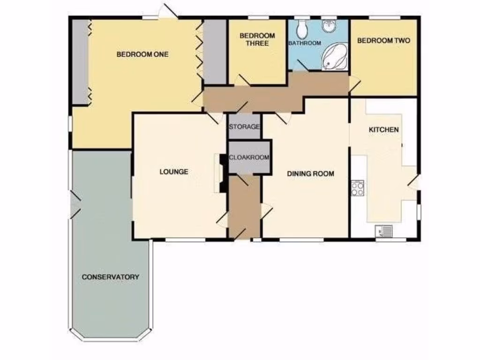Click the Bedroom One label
(142, 54)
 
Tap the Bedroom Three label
(257, 39)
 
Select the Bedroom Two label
(383, 41)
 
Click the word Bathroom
(305, 43)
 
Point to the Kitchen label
(383, 130)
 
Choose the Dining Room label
(310, 174)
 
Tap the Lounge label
(174, 172)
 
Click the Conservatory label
(110, 277)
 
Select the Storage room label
(244, 127)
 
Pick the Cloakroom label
(249, 157)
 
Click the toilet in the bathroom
(301, 29)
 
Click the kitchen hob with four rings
(358, 188)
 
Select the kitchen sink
(384, 231)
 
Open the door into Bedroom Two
(354, 85)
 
